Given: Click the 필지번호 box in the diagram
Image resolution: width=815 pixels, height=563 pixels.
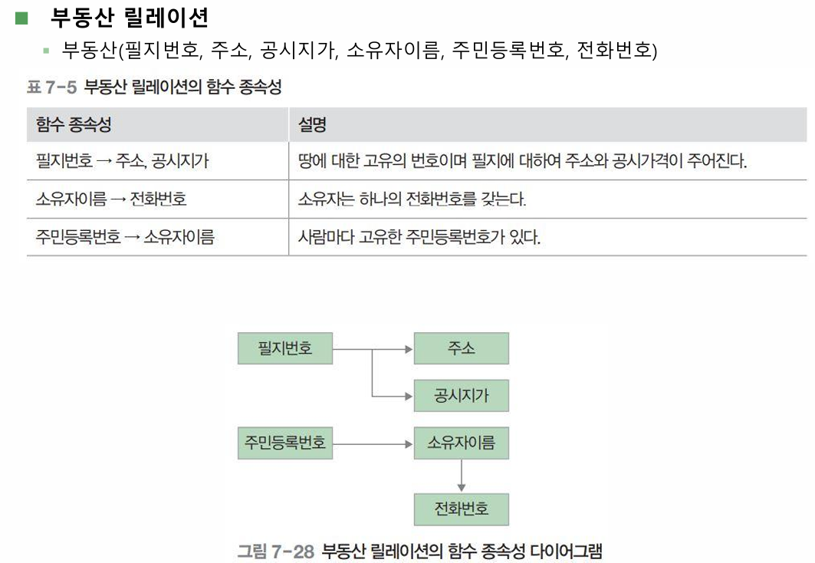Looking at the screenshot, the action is (x=285, y=348).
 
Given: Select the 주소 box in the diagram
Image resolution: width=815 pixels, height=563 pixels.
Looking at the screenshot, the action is (x=461, y=348).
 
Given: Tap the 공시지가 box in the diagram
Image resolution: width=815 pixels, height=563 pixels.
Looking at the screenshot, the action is (x=461, y=396).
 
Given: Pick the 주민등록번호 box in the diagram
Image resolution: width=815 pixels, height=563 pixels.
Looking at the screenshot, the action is (x=285, y=443).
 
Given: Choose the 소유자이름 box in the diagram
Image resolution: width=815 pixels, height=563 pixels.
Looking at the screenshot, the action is (x=461, y=443).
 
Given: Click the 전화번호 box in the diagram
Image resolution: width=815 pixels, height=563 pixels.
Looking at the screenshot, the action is (x=461, y=509).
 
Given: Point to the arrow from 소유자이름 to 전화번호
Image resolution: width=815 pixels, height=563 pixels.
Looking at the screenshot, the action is (x=461, y=476).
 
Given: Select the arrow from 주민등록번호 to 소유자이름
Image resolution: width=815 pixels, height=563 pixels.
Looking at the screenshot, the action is (x=373, y=444).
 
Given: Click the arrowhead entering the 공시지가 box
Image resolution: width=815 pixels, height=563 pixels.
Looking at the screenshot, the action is (x=409, y=397).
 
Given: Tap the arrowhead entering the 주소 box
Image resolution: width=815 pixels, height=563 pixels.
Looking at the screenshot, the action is (x=409, y=349).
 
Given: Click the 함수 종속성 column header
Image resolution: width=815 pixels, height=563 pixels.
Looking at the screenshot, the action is (x=74, y=125).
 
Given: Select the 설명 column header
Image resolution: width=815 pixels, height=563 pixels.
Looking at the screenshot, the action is (x=312, y=125).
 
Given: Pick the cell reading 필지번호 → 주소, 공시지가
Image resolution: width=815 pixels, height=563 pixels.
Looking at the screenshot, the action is (x=122, y=160).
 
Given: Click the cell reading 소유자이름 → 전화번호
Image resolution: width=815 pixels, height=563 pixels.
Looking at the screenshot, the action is (x=110, y=199).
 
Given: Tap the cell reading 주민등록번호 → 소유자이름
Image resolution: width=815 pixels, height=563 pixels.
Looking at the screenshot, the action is (x=125, y=237).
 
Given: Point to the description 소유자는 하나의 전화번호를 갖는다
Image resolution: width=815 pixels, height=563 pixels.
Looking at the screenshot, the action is (x=412, y=199).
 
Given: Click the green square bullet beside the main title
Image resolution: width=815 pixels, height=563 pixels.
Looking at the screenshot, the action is (x=21, y=18).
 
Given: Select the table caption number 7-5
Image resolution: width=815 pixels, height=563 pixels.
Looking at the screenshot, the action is (x=61, y=87).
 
